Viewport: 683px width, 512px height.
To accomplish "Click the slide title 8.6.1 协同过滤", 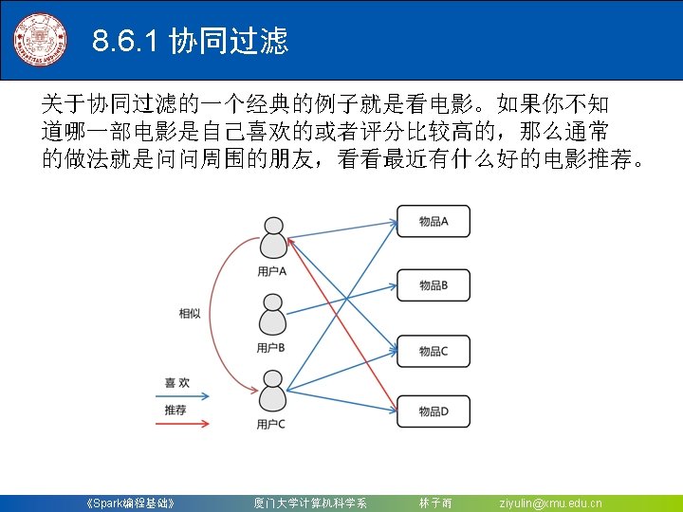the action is pyautogui.click(x=191, y=41).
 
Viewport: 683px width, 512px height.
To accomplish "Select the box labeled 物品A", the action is pyautogui.click(x=433, y=221).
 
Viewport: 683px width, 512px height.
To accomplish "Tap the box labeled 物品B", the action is pyautogui.click(x=433, y=285).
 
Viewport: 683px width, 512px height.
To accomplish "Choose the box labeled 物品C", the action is pyautogui.click(x=433, y=351).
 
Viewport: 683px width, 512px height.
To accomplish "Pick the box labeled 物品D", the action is pyautogui.click(x=433, y=411).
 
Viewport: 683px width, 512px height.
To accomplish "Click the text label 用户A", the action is pyautogui.click(x=271, y=271).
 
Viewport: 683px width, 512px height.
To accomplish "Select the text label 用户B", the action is pyautogui.click(x=271, y=347).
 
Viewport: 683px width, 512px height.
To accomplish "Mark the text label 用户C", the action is pyautogui.click(x=271, y=424).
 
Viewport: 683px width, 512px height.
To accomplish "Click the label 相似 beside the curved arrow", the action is pyautogui.click(x=190, y=313).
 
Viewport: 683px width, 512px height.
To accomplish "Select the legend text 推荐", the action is pyautogui.click(x=175, y=410).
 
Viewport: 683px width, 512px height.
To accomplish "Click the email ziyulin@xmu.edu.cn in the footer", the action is pyautogui.click(x=550, y=503).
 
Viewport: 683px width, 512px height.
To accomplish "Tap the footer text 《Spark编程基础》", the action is pyautogui.click(x=129, y=503).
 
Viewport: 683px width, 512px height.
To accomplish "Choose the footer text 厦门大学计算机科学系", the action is pyautogui.click(x=309, y=503).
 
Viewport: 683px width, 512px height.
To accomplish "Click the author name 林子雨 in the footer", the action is pyautogui.click(x=435, y=503).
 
